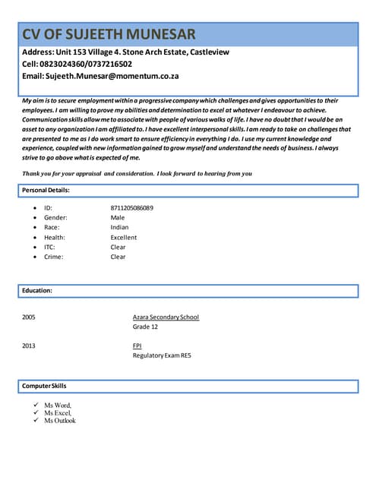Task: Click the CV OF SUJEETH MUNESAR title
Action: click(x=109, y=34)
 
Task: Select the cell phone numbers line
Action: click(x=77, y=64)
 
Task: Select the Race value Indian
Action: click(x=119, y=227)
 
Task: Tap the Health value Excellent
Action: click(x=124, y=237)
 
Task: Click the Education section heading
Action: click(x=37, y=290)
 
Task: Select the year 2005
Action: click(x=29, y=317)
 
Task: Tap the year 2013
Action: click(x=29, y=346)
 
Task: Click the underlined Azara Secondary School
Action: click(x=166, y=317)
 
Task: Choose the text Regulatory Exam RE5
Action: click(x=162, y=355)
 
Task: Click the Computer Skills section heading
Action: click(x=44, y=387)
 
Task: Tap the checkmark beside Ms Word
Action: click(x=36, y=406)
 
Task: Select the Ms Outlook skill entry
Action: click(x=60, y=420)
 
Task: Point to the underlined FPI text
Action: click(x=137, y=346)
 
